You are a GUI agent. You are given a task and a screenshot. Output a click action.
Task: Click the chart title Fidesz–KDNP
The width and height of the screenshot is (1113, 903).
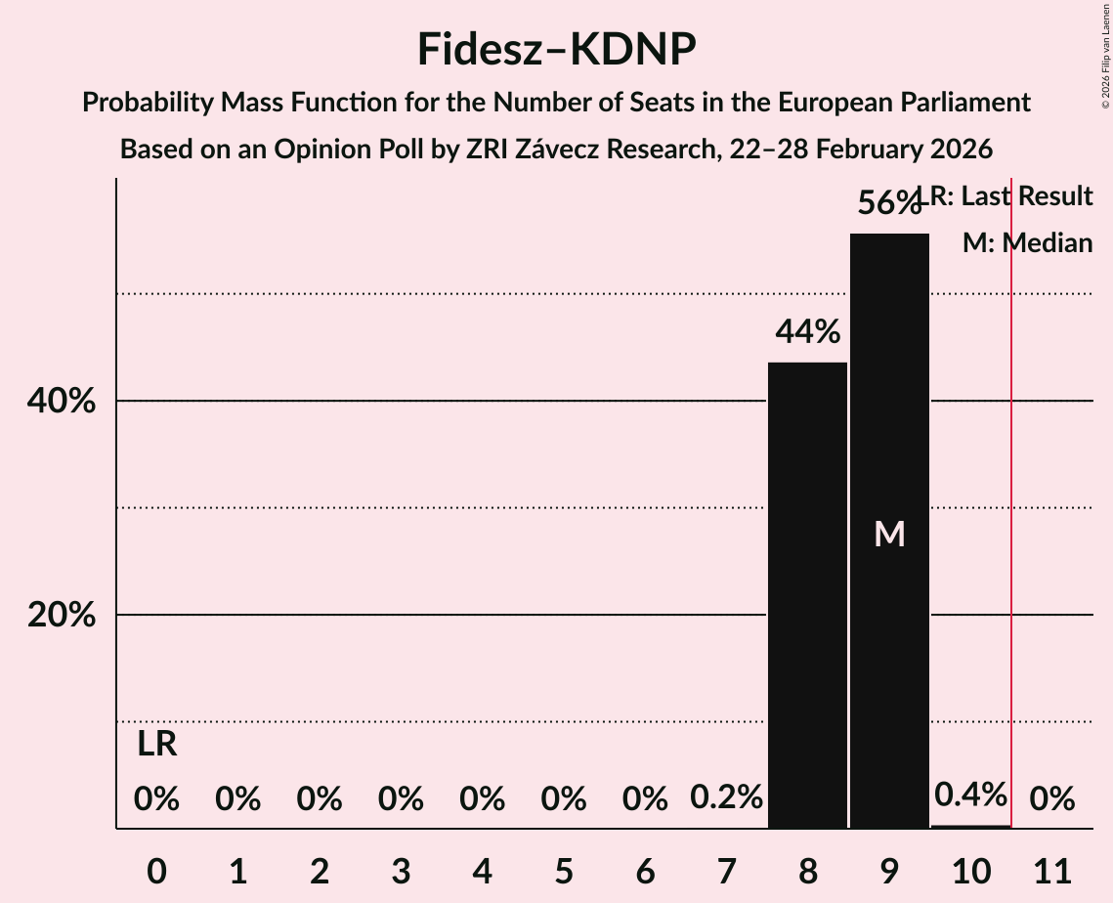[556, 49]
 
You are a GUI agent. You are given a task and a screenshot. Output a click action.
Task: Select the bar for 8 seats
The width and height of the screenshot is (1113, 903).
[807, 595]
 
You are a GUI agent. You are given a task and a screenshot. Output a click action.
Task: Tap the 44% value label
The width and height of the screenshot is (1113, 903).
[807, 332]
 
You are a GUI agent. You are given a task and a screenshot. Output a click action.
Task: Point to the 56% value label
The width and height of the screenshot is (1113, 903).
[888, 203]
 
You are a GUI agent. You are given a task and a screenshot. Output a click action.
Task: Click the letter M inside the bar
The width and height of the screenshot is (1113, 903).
[889, 534]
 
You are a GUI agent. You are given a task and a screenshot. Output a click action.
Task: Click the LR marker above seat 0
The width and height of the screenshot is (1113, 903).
[156, 745]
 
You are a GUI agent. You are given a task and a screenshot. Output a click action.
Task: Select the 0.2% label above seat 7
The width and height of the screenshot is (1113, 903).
[726, 797]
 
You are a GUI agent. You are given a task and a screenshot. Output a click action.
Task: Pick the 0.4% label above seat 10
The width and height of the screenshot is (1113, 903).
[970, 795]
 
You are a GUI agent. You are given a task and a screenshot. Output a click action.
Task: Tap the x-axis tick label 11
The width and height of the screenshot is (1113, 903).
[1051, 869]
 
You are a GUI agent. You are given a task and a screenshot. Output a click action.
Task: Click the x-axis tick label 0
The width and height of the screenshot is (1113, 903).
[156, 869]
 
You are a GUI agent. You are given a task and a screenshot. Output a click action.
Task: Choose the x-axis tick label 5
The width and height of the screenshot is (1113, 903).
[563, 869]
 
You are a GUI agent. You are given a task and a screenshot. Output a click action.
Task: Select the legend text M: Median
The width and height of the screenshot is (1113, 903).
[1027, 243]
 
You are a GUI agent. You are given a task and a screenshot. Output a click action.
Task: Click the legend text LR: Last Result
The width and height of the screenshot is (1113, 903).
[1011, 196]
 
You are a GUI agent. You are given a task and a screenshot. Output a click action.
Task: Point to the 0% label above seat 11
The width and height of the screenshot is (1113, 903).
[1051, 799]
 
